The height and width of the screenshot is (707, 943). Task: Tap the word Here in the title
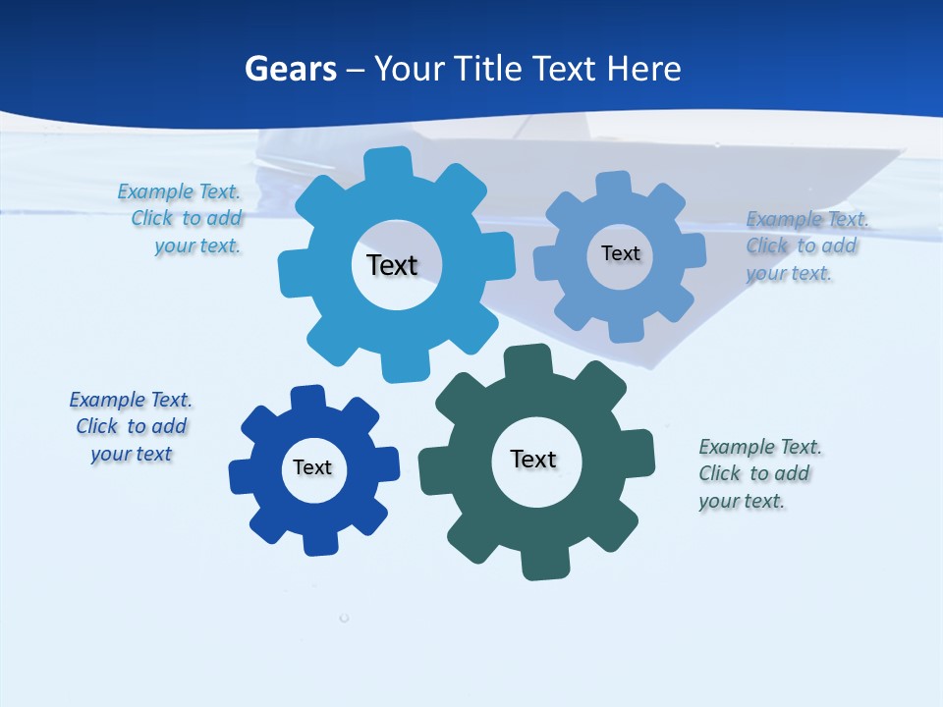[643, 69]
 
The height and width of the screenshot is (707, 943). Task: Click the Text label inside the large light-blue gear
[392, 265]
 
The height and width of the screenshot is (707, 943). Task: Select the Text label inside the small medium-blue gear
[620, 253]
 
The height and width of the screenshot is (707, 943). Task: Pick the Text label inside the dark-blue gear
[312, 467]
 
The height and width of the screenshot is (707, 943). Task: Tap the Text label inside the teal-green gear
[533, 459]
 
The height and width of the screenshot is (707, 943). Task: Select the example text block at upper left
[181, 219]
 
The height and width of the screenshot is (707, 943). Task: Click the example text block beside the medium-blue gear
[801, 246]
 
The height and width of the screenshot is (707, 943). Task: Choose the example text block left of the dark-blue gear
[131, 427]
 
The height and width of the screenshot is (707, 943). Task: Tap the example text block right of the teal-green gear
[758, 474]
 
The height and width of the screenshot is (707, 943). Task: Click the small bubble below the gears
[344, 618]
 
